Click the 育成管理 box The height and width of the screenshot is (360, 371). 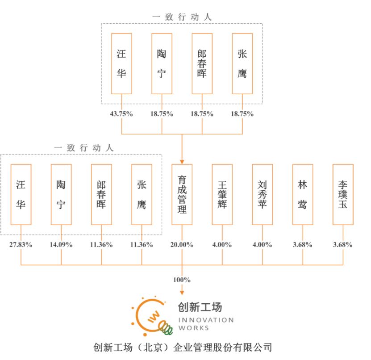[x=182, y=194]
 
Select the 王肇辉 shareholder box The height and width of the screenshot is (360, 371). [x=222, y=194]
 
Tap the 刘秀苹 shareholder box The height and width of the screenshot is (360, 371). [x=263, y=194]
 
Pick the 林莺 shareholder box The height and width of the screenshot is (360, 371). [x=303, y=194]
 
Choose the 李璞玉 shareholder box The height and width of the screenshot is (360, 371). [x=343, y=194]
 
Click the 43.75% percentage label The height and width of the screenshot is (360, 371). [x=121, y=114]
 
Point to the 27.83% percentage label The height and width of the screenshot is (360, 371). [x=21, y=244]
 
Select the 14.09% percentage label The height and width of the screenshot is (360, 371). [x=61, y=244]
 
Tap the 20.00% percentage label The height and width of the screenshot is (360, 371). [x=182, y=244]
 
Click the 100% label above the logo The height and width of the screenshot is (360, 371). [x=182, y=280]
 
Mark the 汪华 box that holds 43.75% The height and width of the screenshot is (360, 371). [x=121, y=64]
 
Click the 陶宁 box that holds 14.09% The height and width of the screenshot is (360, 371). [x=61, y=194]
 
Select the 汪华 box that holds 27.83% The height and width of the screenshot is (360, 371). [x=21, y=194]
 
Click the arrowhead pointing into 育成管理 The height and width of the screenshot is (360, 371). [x=182, y=162]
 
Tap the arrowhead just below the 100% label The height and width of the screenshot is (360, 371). [x=182, y=293]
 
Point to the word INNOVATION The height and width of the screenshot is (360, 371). [x=206, y=320]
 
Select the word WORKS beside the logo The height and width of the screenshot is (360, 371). [x=194, y=328]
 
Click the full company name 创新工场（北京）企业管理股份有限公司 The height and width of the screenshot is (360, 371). [x=183, y=347]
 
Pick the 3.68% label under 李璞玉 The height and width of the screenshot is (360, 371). [x=343, y=244]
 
